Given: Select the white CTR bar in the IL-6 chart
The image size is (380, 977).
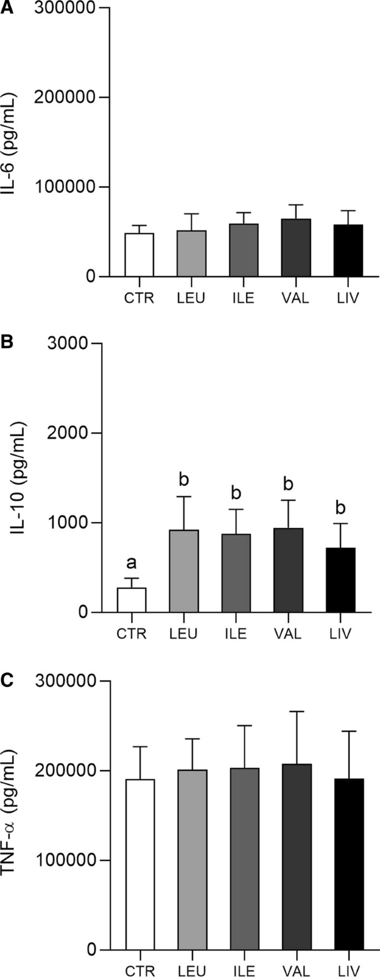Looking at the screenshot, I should pos(139,255).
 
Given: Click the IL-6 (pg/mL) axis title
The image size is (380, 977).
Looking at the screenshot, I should pos(10,144).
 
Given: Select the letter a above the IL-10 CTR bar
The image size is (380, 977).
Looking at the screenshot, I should pos(131,563).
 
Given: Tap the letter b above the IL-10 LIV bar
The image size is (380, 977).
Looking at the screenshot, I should pos(341,508).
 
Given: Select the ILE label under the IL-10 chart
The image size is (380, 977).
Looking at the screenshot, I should pos(236,634).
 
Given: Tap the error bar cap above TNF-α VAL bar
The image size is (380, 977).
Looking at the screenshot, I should pos(297,711).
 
